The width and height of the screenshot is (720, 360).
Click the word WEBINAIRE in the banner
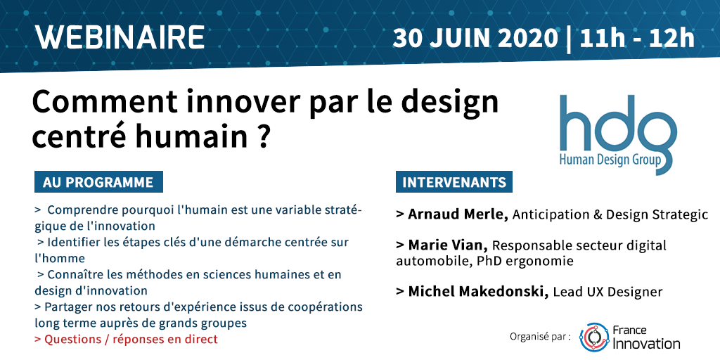[x=120, y=38]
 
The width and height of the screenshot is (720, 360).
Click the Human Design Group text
[x=610, y=160]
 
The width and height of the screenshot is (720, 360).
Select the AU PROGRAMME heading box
[x=98, y=182]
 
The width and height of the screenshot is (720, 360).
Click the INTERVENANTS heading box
[x=454, y=182]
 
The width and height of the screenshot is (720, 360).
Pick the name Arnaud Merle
[x=458, y=214]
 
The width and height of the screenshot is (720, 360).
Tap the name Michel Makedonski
[x=478, y=292]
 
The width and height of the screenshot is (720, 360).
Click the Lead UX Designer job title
[x=608, y=292]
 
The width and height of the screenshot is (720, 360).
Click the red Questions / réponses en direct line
[x=126, y=340]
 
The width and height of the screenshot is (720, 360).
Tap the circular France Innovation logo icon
[x=594, y=337]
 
